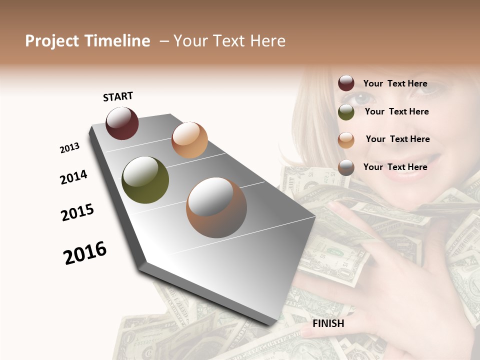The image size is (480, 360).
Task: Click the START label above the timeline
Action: (x=118, y=96)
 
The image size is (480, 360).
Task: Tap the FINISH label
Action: (x=328, y=323)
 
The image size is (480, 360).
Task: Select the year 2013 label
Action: (x=69, y=148)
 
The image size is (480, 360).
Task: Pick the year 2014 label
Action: (x=73, y=177)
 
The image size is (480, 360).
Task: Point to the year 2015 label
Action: (x=77, y=212)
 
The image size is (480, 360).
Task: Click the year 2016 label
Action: (x=85, y=252)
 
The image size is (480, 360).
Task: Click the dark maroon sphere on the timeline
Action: (x=122, y=123)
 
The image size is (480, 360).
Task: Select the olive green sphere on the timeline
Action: (x=145, y=180)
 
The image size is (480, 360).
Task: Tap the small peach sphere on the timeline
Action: (x=189, y=139)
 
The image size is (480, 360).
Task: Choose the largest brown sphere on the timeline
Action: (x=216, y=207)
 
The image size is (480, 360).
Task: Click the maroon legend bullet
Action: (x=346, y=83)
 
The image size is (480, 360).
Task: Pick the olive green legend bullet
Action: (x=346, y=112)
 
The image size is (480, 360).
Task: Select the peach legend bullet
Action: (x=346, y=139)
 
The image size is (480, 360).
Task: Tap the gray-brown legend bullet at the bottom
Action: (x=346, y=167)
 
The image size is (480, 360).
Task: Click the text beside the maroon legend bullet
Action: (x=395, y=83)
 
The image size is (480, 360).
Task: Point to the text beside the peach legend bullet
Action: (x=397, y=139)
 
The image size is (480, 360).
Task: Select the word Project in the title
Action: (x=52, y=41)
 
